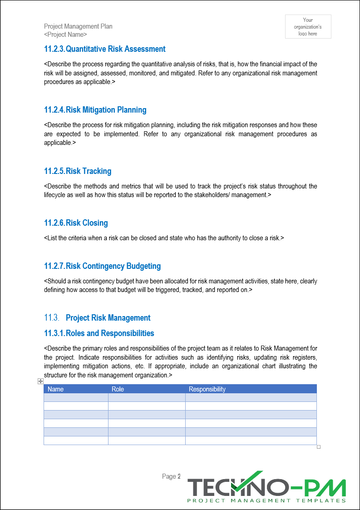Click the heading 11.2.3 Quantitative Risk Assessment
click(104, 49)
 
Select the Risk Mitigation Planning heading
click(95, 110)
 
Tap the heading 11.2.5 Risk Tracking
click(78, 171)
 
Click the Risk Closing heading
click(76, 223)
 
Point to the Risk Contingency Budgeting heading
click(102, 266)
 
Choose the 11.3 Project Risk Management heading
click(97, 318)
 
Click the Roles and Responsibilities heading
click(99, 333)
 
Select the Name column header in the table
click(56, 389)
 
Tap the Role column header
click(118, 389)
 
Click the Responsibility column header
click(207, 389)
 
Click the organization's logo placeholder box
click(308, 27)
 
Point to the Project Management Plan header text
click(78, 26)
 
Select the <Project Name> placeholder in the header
click(65, 35)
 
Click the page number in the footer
click(172, 476)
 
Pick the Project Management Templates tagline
click(266, 500)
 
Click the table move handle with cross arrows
click(40, 381)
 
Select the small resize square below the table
click(319, 447)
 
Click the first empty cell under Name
click(76, 397)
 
